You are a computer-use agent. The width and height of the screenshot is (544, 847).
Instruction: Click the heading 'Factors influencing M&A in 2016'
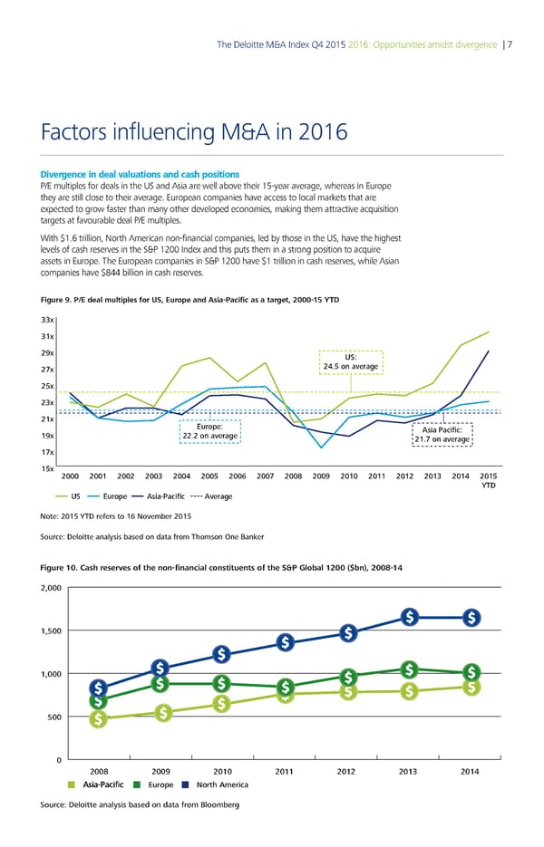(x=194, y=133)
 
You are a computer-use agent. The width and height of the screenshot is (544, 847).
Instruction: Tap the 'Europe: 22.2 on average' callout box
(x=210, y=431)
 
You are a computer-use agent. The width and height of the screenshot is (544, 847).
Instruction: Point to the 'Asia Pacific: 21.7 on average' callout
(x=443, y=435)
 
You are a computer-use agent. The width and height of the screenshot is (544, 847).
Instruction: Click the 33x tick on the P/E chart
(x=49, y=320)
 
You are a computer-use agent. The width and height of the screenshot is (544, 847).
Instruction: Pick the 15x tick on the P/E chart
(x=49, y=467)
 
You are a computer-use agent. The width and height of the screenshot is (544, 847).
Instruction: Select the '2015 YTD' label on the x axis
(x=488, y=481)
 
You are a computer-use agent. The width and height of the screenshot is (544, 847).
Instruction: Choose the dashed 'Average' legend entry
(x=214, y=496)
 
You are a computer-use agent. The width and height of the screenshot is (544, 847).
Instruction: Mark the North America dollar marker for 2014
(x=471, y=618)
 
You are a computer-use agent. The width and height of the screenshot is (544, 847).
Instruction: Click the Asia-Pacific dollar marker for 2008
(x=97, y=719)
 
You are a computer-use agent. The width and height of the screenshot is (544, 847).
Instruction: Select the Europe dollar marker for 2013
(x=410, y=669)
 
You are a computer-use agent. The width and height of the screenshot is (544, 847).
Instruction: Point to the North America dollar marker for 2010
(x=222, y=654)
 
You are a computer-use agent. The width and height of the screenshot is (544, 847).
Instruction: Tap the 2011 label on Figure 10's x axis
(x=284, y=771)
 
